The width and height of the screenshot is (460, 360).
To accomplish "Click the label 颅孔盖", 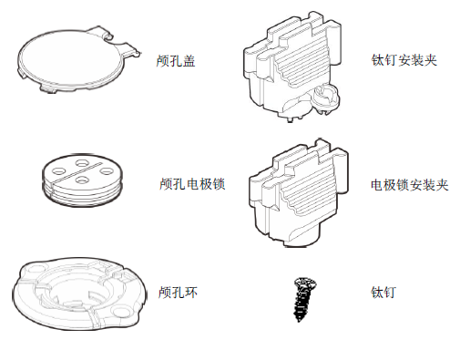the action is tap(176, 61).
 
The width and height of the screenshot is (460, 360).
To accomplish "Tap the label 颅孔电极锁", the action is tap(192, 184).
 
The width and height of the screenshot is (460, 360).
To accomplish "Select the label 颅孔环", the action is tap(178, 293).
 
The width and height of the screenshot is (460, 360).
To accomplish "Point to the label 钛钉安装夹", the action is tap(404, 60).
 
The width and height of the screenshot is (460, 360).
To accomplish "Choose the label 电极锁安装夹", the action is tap(410, 185).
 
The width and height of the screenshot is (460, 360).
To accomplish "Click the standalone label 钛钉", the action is tap(383, 293).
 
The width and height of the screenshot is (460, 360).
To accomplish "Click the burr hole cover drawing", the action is tap(78, 59).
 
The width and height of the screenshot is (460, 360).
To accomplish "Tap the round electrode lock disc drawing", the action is tap(82, 180).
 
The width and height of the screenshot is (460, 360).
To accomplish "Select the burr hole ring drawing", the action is tap(79, 293).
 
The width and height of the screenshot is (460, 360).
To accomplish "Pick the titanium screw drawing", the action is tap(304, 299).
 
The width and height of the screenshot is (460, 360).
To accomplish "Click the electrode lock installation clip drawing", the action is tap(299, 193).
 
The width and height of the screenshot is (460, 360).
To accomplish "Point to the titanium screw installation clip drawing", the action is tap(292, 67).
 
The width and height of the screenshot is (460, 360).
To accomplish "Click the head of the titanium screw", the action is tap(305, 284).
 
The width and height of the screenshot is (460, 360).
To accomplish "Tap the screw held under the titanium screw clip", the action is tap(325, 98).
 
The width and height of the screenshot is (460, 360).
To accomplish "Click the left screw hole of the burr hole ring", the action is tap(36, 270).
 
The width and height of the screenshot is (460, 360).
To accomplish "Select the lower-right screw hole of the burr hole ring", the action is tap(121, 311).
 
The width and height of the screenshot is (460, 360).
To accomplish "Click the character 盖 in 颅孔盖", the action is tap(189, 61).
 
